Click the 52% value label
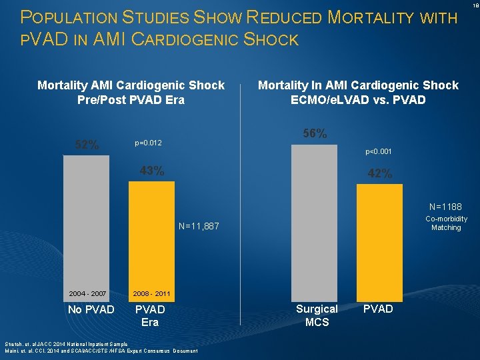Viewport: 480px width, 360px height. tap(87, 145)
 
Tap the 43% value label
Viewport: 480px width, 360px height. tap(152, 171)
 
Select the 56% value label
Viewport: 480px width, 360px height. tap(315, 134)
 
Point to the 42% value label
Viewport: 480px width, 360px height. tap(380, 174)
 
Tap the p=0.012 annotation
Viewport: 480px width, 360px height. tap(148, 143)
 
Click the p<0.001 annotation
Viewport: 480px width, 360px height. tap(378, 152)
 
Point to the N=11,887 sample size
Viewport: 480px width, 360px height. tap(199, 227)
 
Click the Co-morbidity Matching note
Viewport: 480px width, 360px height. tap(446, 223)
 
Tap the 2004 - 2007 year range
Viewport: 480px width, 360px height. tap(87, 294)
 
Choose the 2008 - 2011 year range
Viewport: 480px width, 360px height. tap(151, 294)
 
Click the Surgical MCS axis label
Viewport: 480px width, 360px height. tap(317, 315)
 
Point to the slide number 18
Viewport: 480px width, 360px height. tap(474, 5)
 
